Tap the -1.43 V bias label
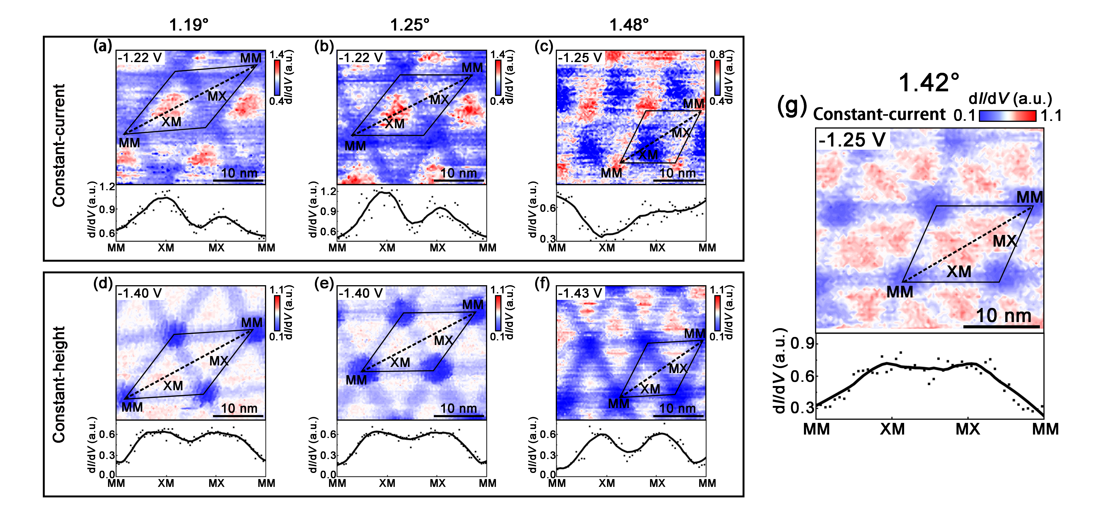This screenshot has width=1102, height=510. click(580, 293)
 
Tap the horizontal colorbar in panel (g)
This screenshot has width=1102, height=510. click(1007, 116)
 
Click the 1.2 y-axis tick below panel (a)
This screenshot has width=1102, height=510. click(107, 187)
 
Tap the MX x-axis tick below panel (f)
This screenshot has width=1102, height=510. click(657, 483)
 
